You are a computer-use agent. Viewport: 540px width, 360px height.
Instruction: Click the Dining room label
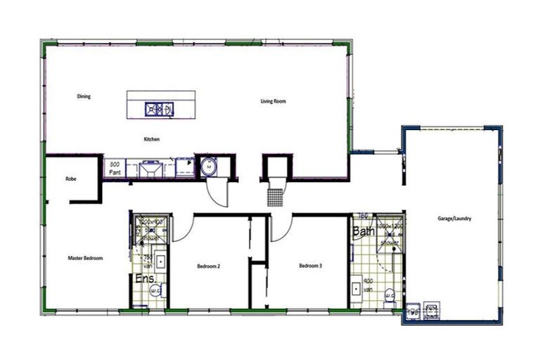pos(84,96)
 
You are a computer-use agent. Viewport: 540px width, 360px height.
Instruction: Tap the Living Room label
pos(274,102)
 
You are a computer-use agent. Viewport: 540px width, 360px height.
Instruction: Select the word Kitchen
pos(152,139)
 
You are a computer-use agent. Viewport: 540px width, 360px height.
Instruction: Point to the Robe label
pos(70,179)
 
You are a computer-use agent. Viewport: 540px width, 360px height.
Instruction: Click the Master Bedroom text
pos(85,258)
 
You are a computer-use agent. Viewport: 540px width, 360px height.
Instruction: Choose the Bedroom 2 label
pos(209,266)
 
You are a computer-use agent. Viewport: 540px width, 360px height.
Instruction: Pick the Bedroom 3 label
pos(310,266)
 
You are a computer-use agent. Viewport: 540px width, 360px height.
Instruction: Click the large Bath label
pos(364,231)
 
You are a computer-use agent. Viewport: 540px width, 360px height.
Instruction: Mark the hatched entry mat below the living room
pos(276,195)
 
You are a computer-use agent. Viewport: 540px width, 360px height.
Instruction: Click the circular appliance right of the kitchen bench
pos(208,167)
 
